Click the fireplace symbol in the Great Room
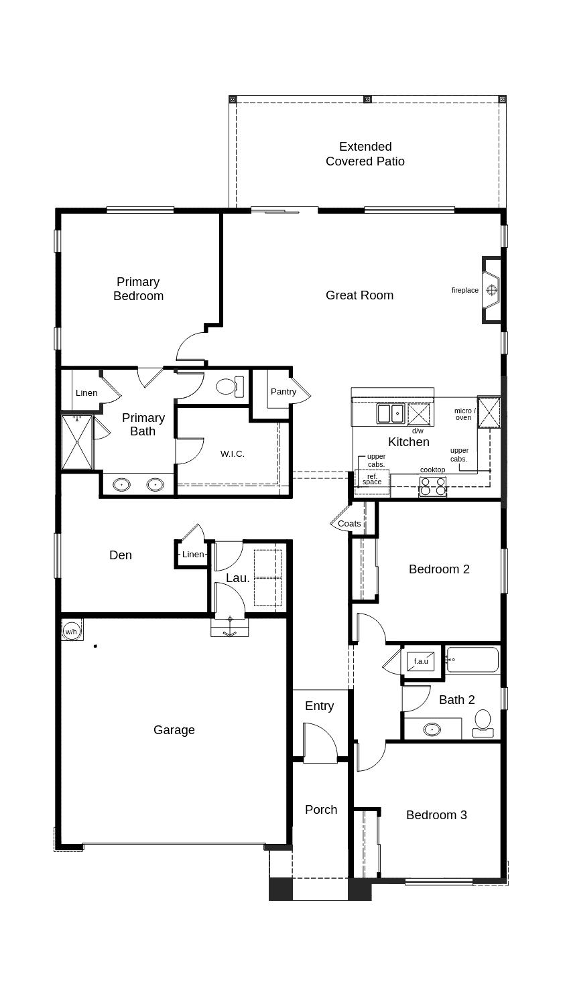click(491, 290)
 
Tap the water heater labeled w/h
click(71, 631)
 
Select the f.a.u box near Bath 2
click(421, 661)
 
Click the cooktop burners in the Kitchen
click(432, 486)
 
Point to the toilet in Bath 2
click(483, 723)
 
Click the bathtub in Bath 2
click(473, 659)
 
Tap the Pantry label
click(284, 392)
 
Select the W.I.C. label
click(233, 454)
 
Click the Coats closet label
click(349, 524)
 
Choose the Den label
click(121, 555)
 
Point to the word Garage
click(174, 730)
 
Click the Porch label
click(321, 810)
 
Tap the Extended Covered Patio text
click(365, 154)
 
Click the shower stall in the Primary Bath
click(77, 442)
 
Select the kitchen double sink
click(390, 413)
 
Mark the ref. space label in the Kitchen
click(372, 480)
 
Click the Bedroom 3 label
click(436, 815)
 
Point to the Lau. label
click(238, 578)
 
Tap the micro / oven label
click(465, 415)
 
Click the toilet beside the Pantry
click(231, 386)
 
